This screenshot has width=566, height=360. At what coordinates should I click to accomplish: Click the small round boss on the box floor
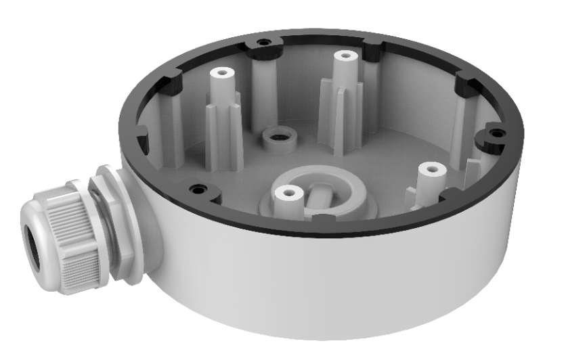274,135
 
